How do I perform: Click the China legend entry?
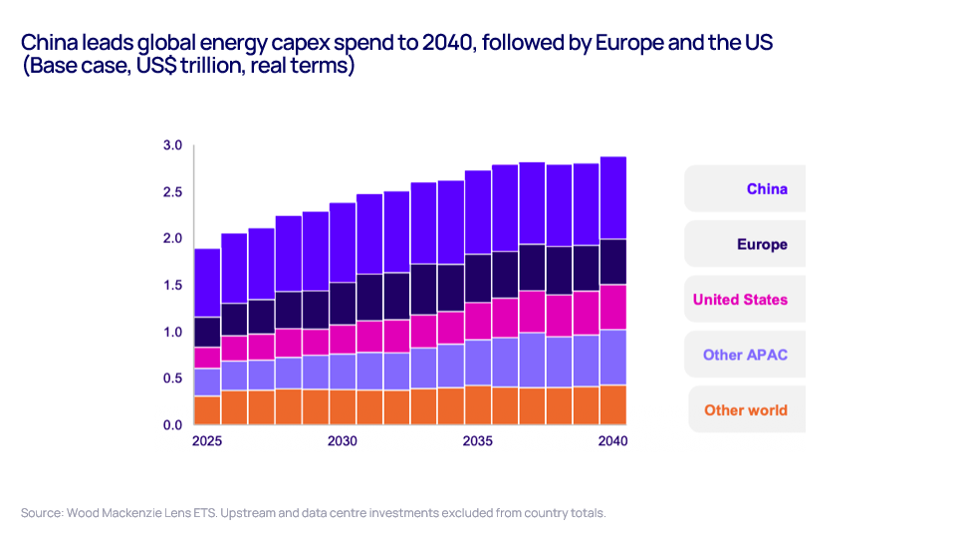pos(767,189)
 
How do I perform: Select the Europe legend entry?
pos(762,244)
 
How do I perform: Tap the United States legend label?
pos(740,299)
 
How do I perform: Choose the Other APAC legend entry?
pos(745,355)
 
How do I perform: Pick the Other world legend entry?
pos(745,409)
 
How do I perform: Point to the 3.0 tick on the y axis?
pos(172,146)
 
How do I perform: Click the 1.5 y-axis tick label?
pos(172,286)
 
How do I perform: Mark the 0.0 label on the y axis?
pos(172,425)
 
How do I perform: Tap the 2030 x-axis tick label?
pos(343,441)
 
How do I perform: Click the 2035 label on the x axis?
pos(478,441)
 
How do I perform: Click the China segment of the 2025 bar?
pos(207,283)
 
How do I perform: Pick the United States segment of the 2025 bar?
pos(207,358)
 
